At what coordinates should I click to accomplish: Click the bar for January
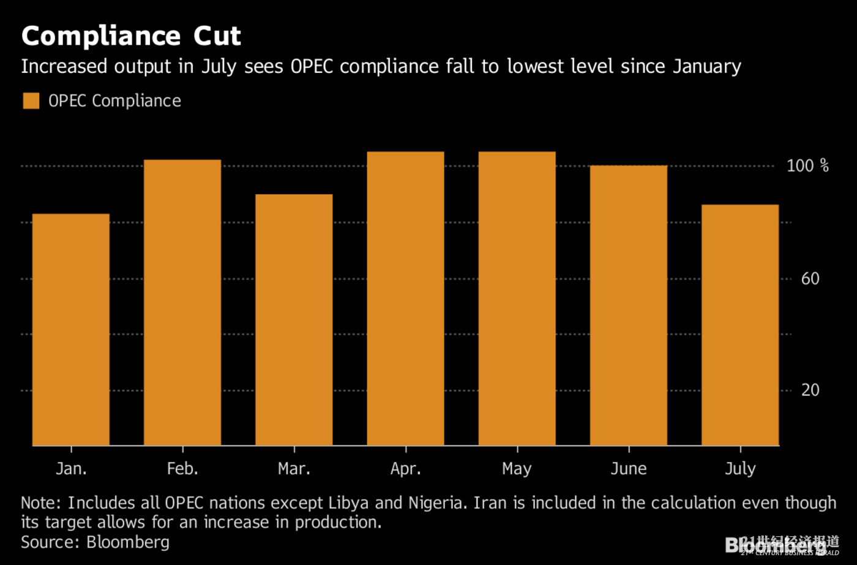point(71,330)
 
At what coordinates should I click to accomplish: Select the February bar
point(182,303)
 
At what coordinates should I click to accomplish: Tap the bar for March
point(294,320)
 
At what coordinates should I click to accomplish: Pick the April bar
point(405,298)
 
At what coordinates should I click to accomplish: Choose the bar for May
point(517,298)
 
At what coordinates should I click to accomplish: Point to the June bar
point(629,305)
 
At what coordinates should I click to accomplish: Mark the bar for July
point(740,325)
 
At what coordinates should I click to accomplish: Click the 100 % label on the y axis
point(807,165)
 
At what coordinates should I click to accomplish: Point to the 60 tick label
point(810,279)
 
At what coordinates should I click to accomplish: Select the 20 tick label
point(810,390)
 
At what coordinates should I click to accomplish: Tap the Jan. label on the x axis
point(71,469)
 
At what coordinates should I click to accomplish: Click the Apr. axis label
point(405,469)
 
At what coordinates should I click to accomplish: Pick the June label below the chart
point(629,469)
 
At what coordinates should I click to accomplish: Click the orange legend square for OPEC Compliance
point(31,101)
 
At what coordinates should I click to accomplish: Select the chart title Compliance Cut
point(131,36)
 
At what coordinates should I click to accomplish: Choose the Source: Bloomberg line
point(95,542)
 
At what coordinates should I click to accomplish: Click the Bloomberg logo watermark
point(776,545)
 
